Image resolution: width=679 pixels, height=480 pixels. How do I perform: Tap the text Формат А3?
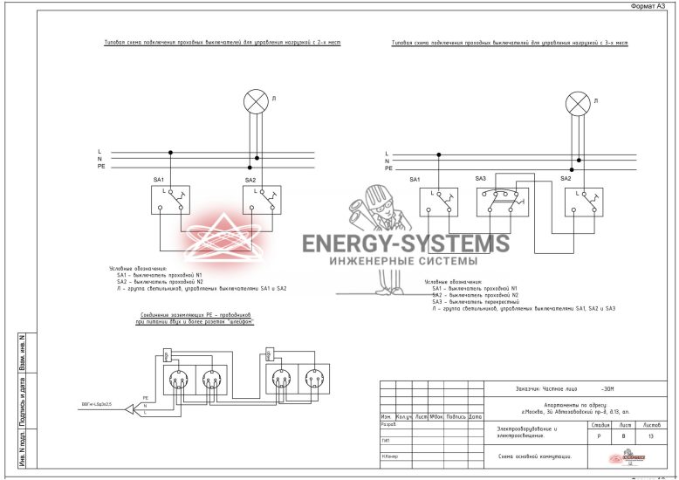[x=650, y=5]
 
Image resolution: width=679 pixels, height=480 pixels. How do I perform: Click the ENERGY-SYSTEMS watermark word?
[x=405, y=243]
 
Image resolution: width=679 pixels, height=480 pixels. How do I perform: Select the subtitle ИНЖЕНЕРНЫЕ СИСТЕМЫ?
[x=403, y=260]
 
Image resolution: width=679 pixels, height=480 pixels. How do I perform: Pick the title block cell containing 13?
[x=651, y=435]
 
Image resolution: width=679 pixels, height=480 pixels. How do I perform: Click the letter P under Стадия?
[x=596, y=435]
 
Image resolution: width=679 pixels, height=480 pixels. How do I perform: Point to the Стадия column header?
[x=596, y=424]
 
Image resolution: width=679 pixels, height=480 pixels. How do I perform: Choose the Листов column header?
[x=651, y=424]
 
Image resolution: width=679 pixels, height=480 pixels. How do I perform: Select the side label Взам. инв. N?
[x=22, y=353]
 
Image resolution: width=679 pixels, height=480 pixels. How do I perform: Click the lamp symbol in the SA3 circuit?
[x=578, y=105]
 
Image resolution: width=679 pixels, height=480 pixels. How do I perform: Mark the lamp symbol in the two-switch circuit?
[x=256, y=102]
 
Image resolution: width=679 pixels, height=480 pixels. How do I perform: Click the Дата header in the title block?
[x=475, y=417]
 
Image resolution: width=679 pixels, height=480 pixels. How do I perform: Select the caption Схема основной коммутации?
[x=535, y=456]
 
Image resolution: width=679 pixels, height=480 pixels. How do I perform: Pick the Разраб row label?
[x=389, y=425]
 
